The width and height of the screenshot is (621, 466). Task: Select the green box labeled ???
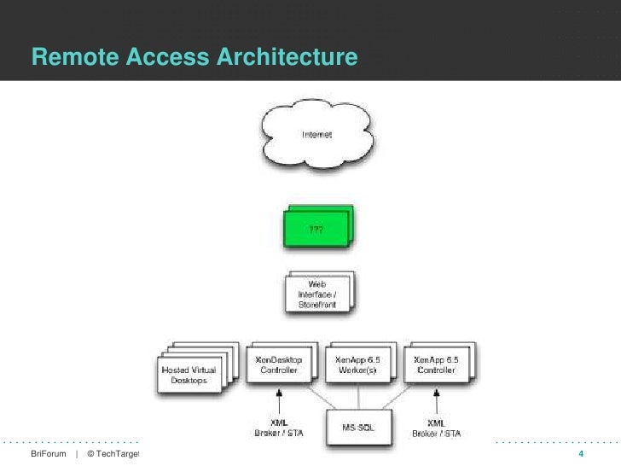pyautogui.click(x=315, y=229)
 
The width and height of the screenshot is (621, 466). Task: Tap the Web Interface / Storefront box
pyautogui.click(x=316, y=293)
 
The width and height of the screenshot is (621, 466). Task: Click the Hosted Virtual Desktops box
pyautogui.click(x=189, y=373)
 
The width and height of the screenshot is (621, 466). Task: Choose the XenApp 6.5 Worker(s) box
pyautogui.click(x=357, y=366)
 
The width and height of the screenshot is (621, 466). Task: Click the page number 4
pyautogui.click(x=581, y=453)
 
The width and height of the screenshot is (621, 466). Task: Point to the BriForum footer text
pyautogui.click(x=48, y=453)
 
